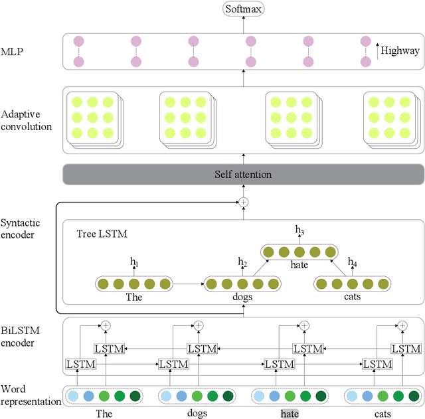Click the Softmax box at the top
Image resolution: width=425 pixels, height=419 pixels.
[x=242, y=9]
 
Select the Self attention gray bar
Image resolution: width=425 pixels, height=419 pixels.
[x=242, y=175]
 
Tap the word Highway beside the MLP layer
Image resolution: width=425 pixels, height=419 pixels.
[x=400, y=50]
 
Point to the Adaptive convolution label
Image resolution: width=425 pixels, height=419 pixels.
[x=27, y=114]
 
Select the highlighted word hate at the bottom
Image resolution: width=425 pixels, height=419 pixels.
[x=290, y=413]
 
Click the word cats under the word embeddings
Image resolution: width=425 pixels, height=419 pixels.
[x=383, y=413]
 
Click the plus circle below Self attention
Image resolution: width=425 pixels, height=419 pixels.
[x=243, y=201]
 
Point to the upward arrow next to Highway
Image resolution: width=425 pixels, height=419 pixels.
[x=378, y=50]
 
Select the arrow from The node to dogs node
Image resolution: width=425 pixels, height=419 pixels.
[x=187, y=284]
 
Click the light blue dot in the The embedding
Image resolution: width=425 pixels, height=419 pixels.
[x=72, y=396]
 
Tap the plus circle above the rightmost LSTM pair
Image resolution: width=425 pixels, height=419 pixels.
[x=400, y=325]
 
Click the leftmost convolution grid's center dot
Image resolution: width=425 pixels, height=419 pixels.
[x=92, y=117]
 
